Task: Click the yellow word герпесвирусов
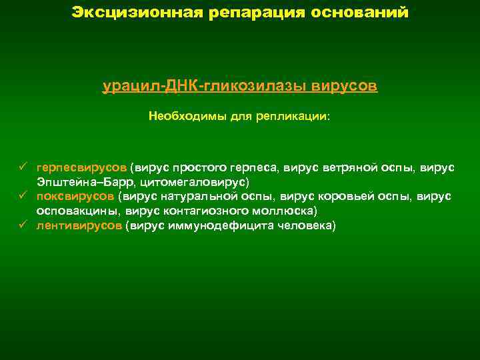(81, 167)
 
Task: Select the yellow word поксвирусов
(75, 196)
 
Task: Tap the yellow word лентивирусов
(79, 225)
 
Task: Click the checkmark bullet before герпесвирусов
(22, 167)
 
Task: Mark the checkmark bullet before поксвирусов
(22, 196)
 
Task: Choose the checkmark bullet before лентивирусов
(22, 225)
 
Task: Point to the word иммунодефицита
(224, 225)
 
